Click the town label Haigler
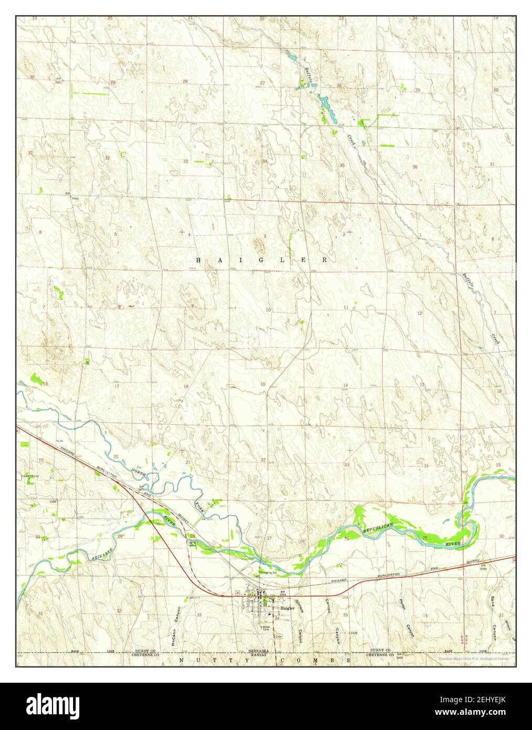pyautogui.click(x=287, y=608)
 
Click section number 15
pyautogui.click(x=263, y=384)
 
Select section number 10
pyautogui.click(x=268, y=310)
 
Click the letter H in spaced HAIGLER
pyautogui.click(x=199, y=260)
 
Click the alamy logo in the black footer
pyautogui.click(x=56, y=704)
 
